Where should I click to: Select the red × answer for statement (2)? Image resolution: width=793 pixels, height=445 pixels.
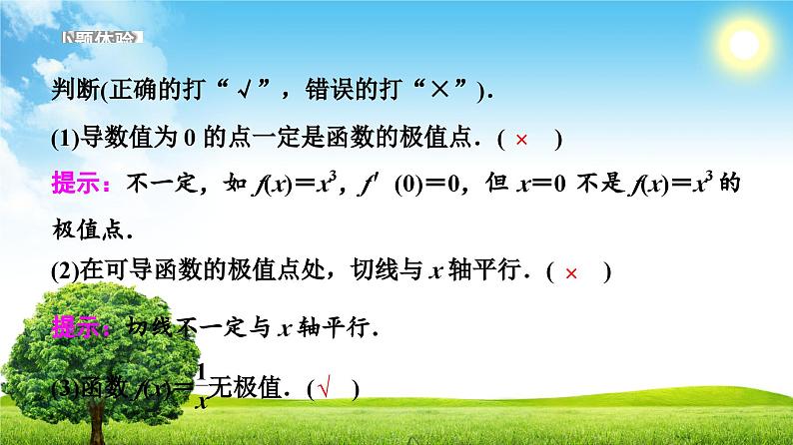pyautogui.click(x=571, y=272)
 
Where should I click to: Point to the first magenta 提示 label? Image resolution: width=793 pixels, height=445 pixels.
pyautogui.click(x=72, y=185)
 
